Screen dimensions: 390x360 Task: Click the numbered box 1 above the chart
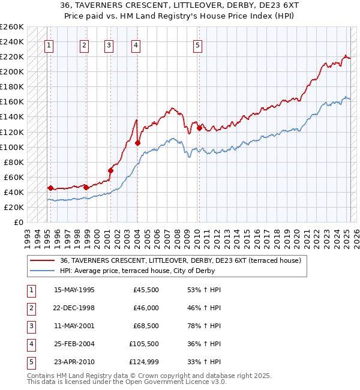click(x=48, y=44)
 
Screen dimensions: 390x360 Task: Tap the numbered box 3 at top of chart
click(x=109, y=44)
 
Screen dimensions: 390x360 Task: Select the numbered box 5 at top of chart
click(x=197, y=44)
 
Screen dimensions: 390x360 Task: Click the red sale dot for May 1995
click(x=50, y=188)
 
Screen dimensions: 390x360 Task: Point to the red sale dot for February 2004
click(x=138, y=143)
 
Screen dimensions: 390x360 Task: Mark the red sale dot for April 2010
click(x=199, y=128)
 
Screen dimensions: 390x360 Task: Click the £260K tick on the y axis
click(x=12, y=27)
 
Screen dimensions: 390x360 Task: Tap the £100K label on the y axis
click(x=12, y=147)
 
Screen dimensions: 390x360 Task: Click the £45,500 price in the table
click(x=146, y=290)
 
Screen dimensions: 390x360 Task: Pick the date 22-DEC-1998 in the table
click(x=74, y=308)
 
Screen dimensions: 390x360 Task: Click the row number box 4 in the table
click(x=31, y=344)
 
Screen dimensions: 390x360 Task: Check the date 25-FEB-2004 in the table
click(x=74, y=344)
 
